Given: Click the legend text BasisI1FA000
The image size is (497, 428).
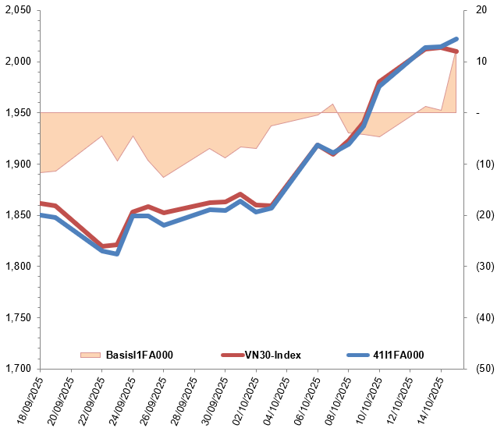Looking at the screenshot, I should [x=139, y=355].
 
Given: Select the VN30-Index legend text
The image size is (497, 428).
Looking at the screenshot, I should [x=273, y=355].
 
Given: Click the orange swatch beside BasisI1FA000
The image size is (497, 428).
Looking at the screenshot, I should [x=91, y=355].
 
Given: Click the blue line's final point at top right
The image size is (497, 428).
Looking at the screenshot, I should [x=456, y=38].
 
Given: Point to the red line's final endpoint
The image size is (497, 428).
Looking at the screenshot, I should [x=456, y=51].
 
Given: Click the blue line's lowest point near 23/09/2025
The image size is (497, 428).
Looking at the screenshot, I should [x=117, y=254].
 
